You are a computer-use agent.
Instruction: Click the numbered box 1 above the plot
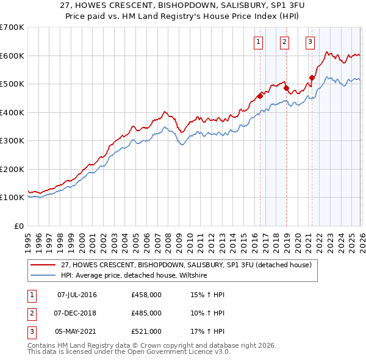coord(259,42)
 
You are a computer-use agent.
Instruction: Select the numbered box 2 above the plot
coord(285,42)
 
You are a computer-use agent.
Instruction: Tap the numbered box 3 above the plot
coord(310,42)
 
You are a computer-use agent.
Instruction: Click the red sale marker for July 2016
coord(260,95)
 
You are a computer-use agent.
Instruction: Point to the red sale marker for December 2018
coord(286,88)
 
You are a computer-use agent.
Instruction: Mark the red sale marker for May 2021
coord(312,77)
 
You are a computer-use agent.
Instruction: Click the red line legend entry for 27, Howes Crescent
coord(187,265)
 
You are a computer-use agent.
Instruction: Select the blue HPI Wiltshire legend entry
coord(134,276)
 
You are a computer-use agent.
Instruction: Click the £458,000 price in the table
coord(146,295)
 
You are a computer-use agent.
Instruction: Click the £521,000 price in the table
coord(146,331)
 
